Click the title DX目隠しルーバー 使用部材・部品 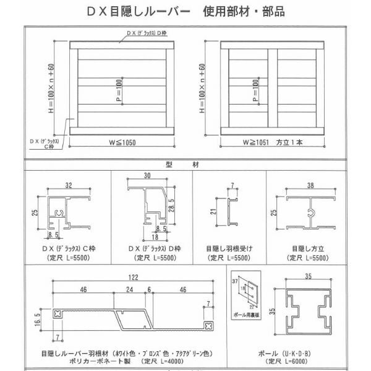pyautogui.click(x=186, y=12)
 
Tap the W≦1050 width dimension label pyautogui.click(x=123, y=143)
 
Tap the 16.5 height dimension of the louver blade pyautogui.click(x=38, y=322)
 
